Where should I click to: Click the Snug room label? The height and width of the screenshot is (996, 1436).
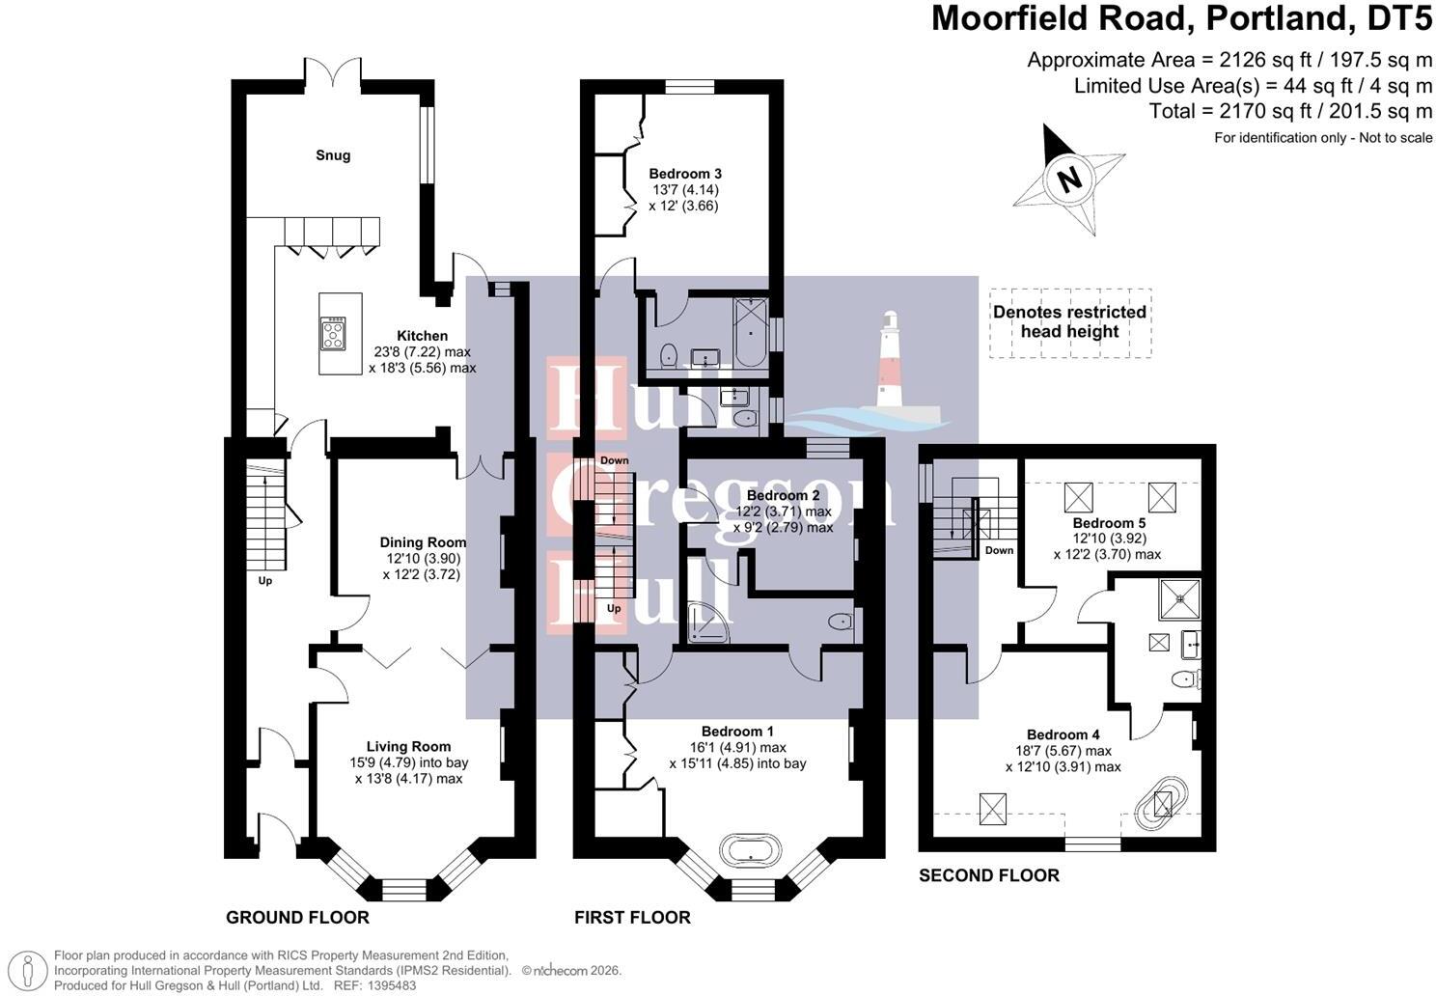(333, 155)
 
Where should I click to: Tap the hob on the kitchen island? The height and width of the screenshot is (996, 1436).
(334, 334)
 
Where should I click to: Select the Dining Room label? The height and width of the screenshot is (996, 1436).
(422, 542)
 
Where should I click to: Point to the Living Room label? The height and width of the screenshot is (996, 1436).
(408, 746)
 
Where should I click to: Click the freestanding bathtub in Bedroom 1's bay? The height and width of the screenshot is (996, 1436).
(745, 851)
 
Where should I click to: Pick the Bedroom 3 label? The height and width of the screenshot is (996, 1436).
(685, 174)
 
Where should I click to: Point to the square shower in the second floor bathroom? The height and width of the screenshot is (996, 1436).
(1180, 595)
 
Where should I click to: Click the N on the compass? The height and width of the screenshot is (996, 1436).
(1067, 180)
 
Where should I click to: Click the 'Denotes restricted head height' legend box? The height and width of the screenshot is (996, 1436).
(1069, 322)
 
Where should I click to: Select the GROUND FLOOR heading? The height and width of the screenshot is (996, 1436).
(297, 917)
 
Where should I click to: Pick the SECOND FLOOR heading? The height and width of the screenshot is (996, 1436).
(988, 875)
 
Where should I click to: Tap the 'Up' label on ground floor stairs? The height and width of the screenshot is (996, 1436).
(264, 581)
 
